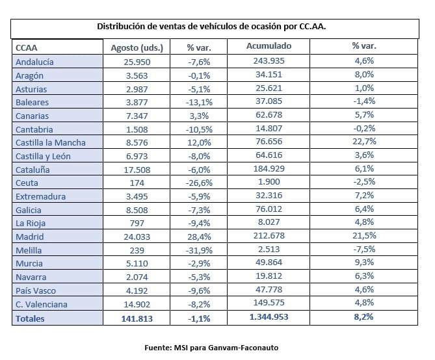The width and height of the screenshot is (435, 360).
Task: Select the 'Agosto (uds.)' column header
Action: pyautogui.click(x=137, y=47)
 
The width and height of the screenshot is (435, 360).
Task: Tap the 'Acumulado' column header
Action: pyautogui.click(x=269, y=45)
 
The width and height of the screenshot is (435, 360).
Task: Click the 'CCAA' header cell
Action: pyautogui.click(x=27, y=47)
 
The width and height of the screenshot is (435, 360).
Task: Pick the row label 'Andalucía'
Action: pyautogui.click(x=34, y=62)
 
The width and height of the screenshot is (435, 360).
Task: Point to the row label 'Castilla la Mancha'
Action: pyautogui.click(x=51, y=142)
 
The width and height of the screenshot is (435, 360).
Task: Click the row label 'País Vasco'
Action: pyautogui.click(x=36, y=290)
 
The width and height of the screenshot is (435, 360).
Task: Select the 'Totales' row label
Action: pyautogui.click(x=30, y=318)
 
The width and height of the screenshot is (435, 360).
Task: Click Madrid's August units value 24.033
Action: pyautogui.click(x=137, y=237)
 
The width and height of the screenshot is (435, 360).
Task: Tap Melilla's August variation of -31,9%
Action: pyautogui.click(x=199, y=250)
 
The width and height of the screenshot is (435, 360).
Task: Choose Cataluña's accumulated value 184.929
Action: pyautogui.click(x=269, y=169)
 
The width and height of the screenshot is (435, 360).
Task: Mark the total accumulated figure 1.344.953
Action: pyautogui.click(x=269, y=316)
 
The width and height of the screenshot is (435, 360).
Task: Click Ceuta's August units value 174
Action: pyautogui.click(x=137, y=183)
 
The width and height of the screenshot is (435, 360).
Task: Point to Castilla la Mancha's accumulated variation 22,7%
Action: pyautogui.click(x=364, y=142)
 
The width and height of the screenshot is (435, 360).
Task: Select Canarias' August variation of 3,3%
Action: pyautogui.click(x=199, y=116)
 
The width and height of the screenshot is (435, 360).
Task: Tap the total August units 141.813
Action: pyautogui.click(x=137, y=318)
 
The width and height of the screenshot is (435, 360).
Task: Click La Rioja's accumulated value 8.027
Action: pyautogui.click(x=269, y=222)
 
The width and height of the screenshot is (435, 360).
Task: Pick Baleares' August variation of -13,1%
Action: pyautogui.click(x=199, y=102)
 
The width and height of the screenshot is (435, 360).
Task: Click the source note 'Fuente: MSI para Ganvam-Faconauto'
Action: pyautogui.click(x=211, y=348)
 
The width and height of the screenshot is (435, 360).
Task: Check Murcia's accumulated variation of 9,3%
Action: pyautogui.click(x=364, y=262)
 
